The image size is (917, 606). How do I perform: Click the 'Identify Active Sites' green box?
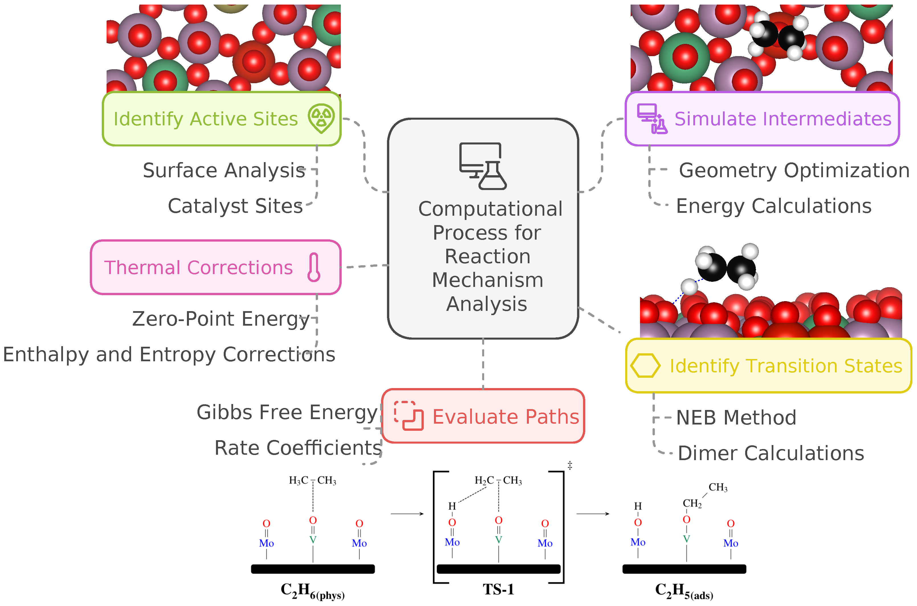pos(221,119)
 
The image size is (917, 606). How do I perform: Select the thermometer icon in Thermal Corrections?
pos(314,268)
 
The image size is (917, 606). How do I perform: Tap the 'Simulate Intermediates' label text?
pos(782,119)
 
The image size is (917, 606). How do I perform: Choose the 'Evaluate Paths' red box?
pos(483,416)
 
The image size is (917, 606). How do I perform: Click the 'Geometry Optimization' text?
pos(794,170)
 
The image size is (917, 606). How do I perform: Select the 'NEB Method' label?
pos(736,418)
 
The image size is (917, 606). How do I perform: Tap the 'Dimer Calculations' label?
pos(771,453)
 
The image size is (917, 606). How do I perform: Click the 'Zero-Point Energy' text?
pos(221,319)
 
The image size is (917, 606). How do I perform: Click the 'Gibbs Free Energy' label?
pos(287,412)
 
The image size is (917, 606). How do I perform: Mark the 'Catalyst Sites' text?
pos(235,206)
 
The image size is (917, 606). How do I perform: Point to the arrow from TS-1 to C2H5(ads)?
pos(593,514)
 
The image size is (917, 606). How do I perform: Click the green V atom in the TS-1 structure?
pos(498,540)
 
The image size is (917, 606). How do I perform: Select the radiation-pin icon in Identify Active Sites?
pos(321,118)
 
